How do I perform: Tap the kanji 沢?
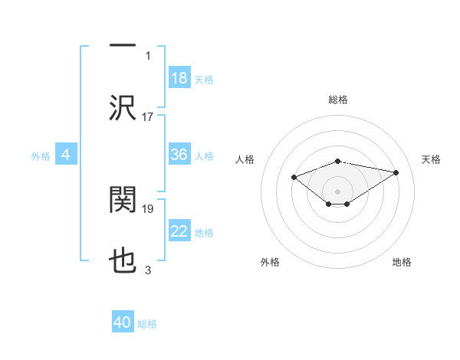(123, 108)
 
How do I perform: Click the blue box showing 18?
(179, 77)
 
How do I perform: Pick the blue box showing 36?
(179, 155)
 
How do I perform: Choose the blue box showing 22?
(179, 231)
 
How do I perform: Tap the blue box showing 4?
(66, 155)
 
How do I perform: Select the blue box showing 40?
(123, 322)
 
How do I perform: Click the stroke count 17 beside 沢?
(148, 117)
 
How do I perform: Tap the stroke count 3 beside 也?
(148, 270)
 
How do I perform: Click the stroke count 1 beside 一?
(148, 55)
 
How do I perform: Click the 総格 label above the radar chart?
(338, 100)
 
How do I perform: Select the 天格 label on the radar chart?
(431, 159)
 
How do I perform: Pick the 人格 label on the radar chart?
(245, 159)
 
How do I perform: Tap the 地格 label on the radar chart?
(402, 262)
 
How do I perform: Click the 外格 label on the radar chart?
(270, 262)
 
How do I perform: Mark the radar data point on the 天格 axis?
(396, 172)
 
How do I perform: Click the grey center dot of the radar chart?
(337, 191)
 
